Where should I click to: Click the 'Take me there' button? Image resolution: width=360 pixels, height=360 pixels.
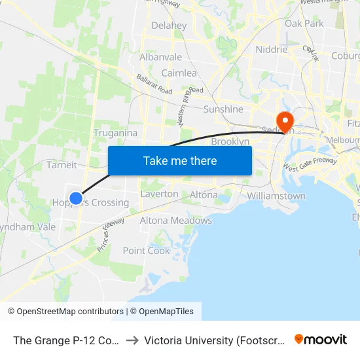coord(180,160)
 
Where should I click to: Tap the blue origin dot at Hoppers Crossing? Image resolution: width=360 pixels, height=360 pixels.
coord(76,198)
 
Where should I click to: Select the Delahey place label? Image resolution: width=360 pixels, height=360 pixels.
coord(169,26)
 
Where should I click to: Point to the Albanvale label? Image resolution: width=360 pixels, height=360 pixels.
coord(160,57)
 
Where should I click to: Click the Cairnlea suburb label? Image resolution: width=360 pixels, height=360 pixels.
coord(179,73)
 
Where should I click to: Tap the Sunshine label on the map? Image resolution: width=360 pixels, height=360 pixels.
coord(223,109)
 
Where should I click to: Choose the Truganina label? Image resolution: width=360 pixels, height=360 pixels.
coord(115,133)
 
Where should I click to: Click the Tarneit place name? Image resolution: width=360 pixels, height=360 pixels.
coord(62,165)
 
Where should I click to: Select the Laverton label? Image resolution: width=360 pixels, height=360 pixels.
coord(159,194)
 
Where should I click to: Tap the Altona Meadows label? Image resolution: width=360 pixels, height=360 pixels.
coord(176,221)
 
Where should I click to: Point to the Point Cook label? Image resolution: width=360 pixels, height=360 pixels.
coord(147,251)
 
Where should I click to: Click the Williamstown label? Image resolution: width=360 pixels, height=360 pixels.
coord(276,196)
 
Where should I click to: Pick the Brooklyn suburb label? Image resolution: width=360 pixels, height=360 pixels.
coord(230,141)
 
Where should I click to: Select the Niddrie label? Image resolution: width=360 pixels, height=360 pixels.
coord(272,49)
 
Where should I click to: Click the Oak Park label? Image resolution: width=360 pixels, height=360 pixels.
coord(304,24)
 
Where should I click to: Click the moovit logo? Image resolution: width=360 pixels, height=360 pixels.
coord(321,339)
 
